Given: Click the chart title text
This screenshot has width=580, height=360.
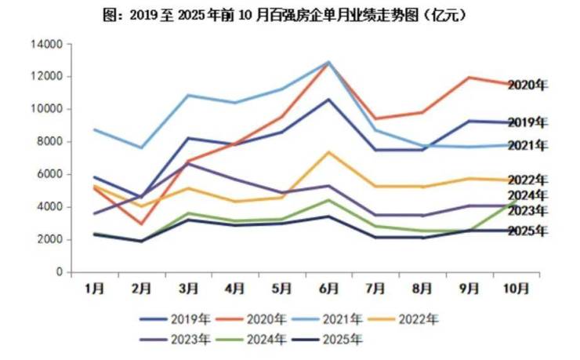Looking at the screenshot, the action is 284,16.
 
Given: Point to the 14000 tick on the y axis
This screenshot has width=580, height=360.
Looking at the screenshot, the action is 47,45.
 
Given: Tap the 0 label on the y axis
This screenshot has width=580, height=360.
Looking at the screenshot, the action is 60,272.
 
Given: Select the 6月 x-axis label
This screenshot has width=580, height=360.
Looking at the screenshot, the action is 328,289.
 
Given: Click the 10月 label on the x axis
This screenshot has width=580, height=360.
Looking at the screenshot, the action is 515,289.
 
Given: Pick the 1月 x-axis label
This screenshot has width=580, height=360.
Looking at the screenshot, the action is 94,289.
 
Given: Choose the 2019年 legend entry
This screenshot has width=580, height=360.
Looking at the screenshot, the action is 175,319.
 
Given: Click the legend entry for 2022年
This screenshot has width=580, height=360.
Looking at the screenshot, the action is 403,319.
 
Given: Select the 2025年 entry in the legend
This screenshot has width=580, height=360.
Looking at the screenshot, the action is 328,340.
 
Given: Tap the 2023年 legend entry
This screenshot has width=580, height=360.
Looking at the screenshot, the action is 175,340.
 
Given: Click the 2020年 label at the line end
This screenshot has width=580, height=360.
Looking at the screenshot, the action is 527,85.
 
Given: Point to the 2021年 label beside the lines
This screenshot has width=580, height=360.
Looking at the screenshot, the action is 527,146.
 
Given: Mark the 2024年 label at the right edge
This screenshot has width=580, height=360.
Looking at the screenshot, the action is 527,195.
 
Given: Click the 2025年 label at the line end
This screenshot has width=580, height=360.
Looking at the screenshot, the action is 527,231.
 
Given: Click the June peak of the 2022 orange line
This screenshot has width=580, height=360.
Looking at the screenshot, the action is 329,152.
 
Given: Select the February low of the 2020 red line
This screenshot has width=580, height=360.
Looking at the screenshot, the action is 141,224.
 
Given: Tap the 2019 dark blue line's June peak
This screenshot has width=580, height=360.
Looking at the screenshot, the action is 328,100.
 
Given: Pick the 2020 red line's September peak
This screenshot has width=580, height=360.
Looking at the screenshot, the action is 469,78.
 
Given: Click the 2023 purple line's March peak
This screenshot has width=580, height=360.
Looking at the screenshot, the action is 188,164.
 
